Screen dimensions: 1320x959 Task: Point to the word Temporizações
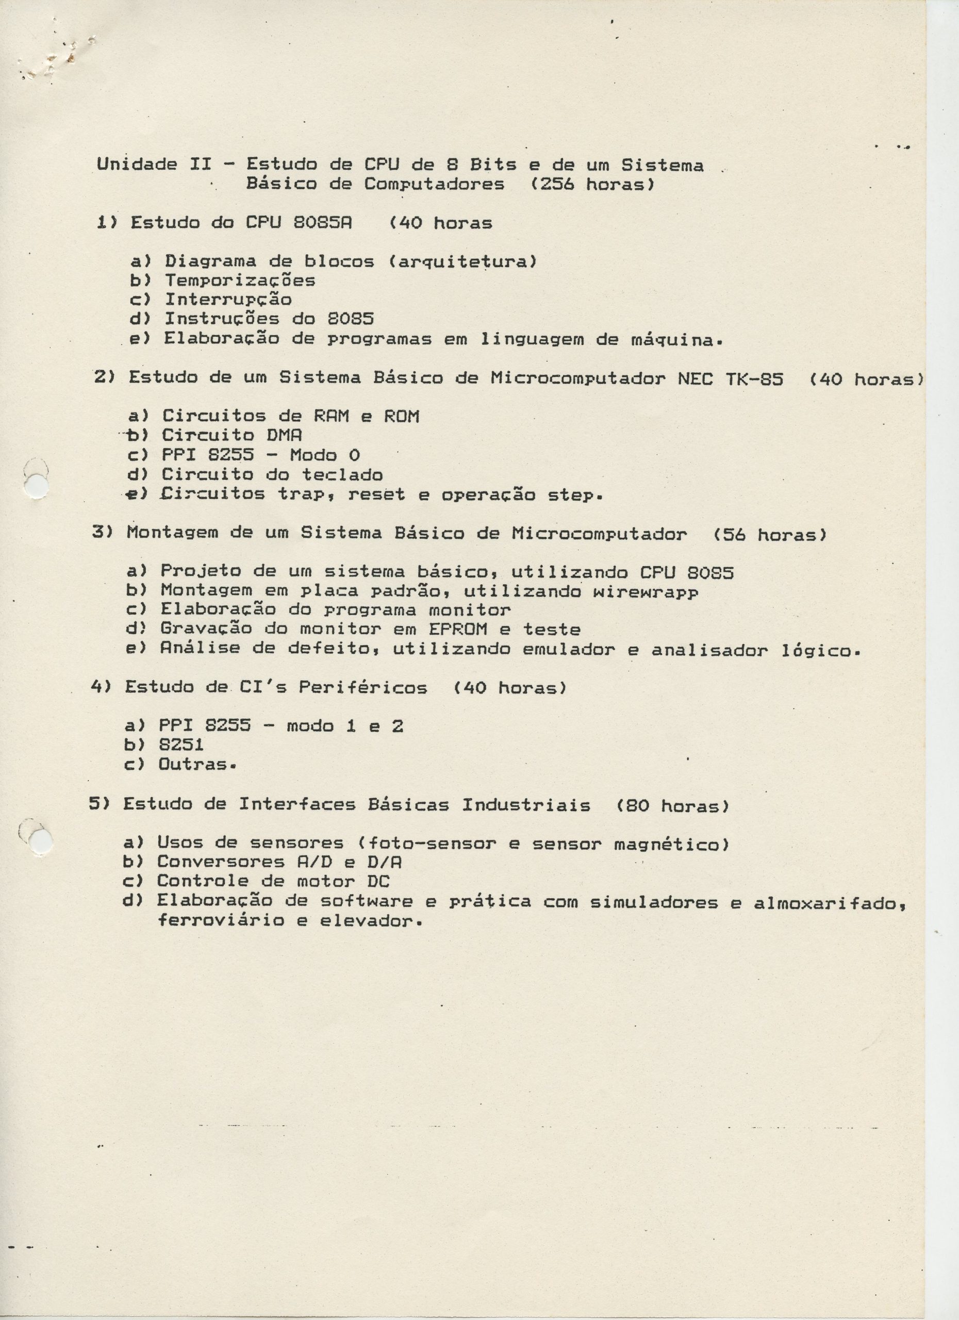point(240,281)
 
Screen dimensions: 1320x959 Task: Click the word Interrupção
point(228,300)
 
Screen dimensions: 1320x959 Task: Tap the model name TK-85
point(754,379)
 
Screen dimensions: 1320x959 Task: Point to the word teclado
point(342,475)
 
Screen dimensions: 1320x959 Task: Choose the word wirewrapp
point(641,592)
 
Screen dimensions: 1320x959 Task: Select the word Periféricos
point(363,688)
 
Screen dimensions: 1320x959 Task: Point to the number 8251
point(181,745)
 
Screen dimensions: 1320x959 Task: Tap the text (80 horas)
point(672,806)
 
